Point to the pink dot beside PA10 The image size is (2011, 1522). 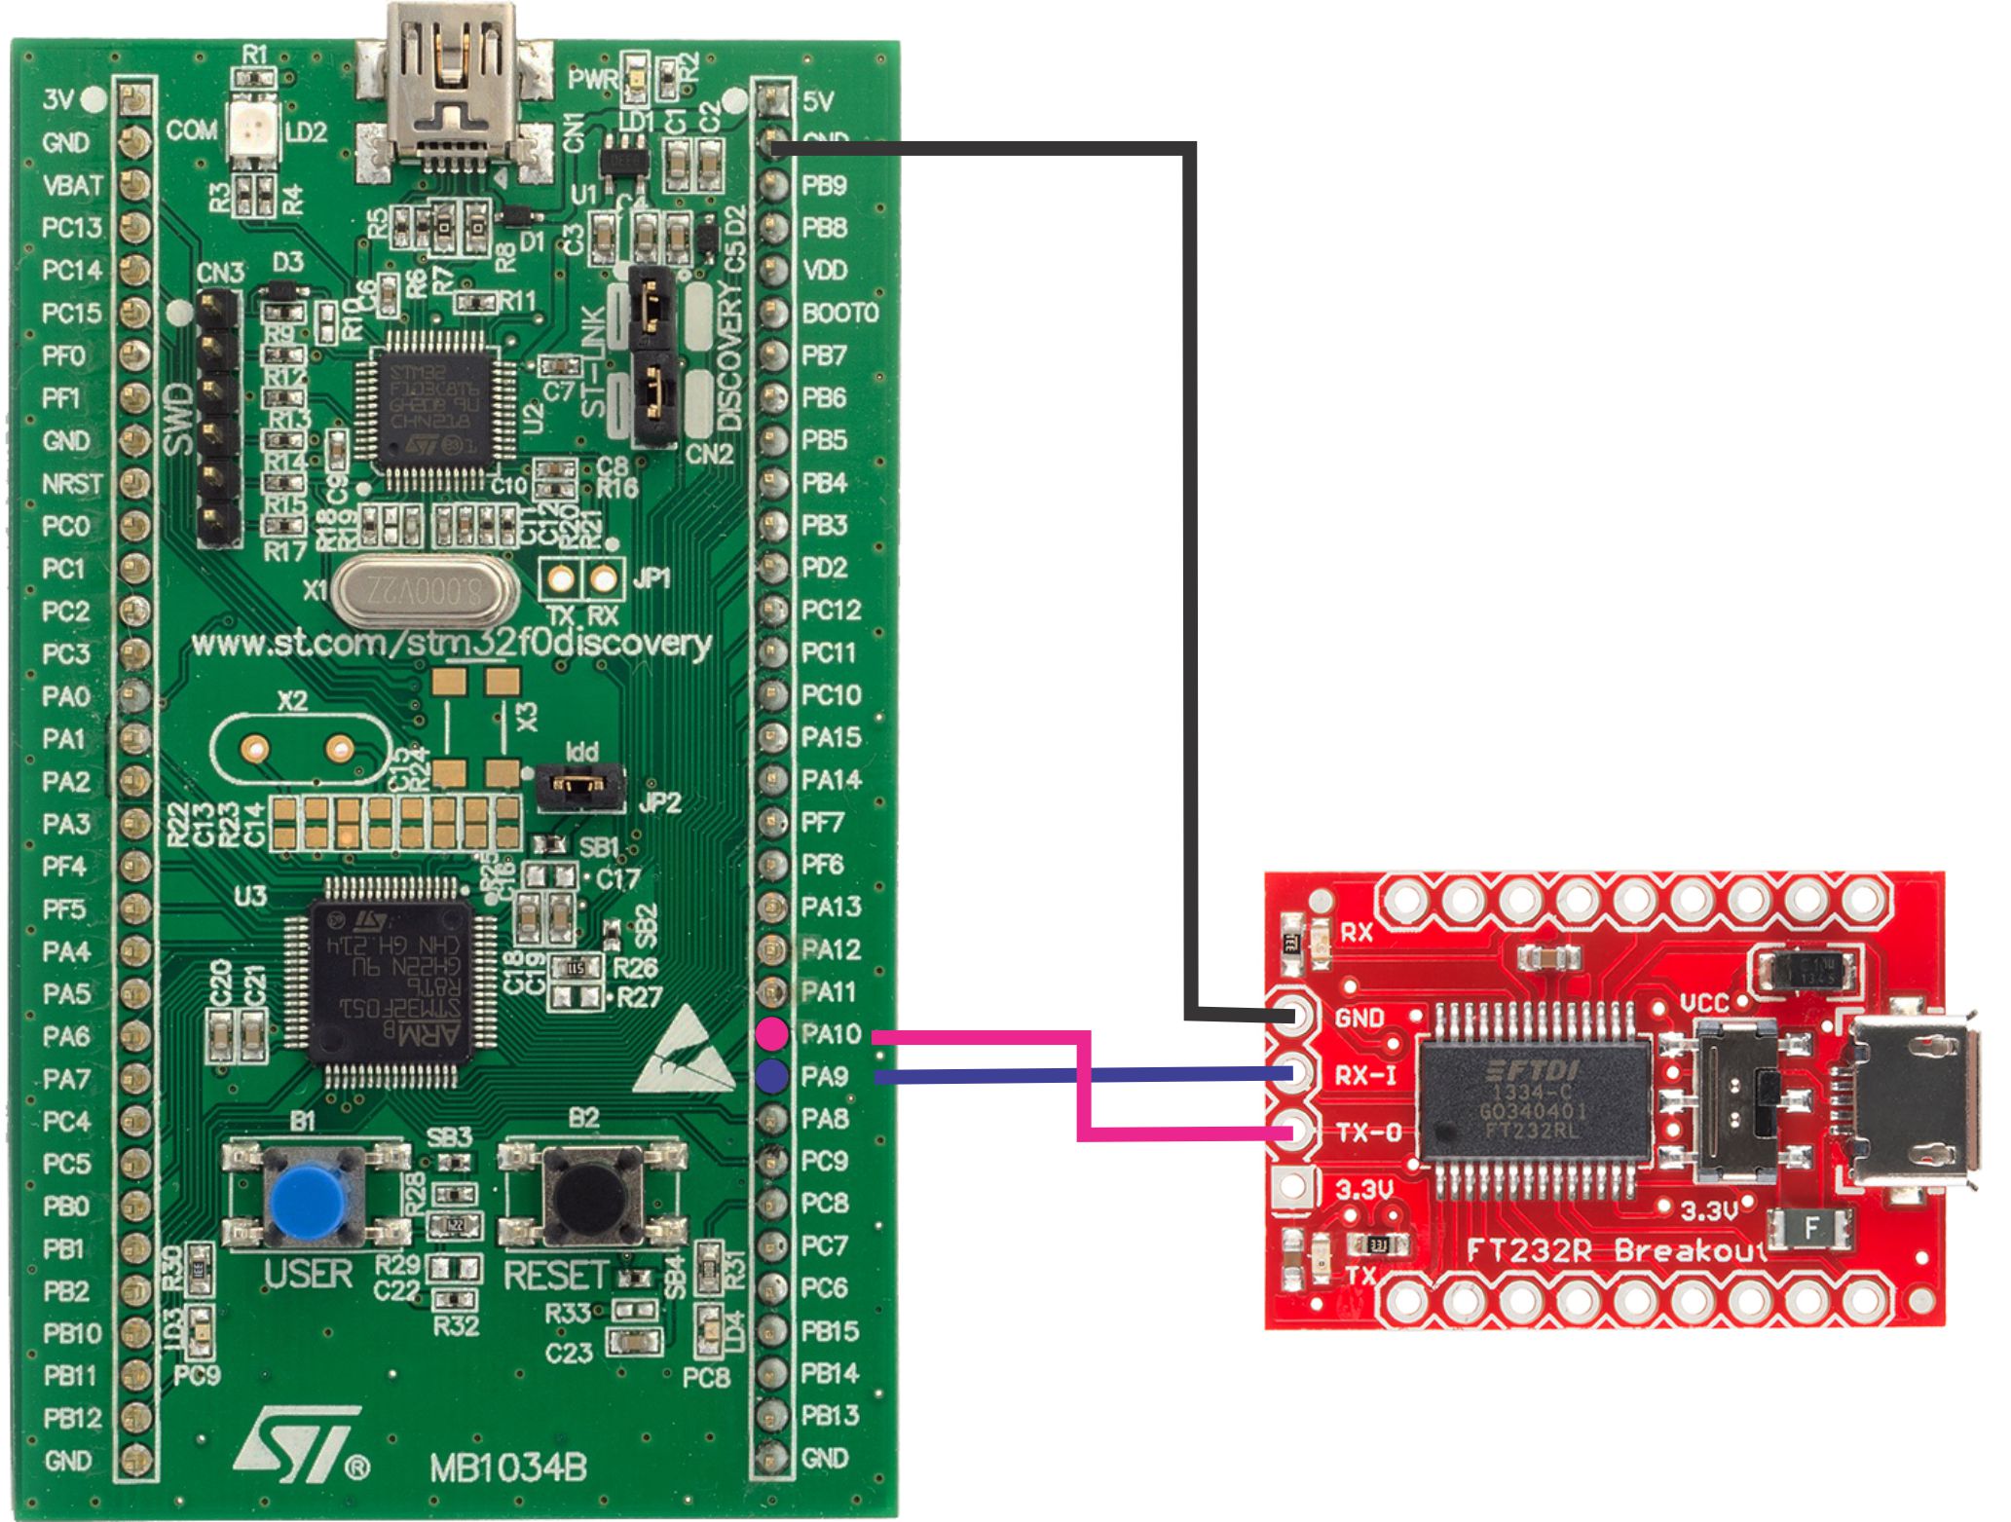point(772,1032)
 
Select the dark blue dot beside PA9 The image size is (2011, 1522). point(772,1075)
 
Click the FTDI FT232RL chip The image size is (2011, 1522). point(1534,1098)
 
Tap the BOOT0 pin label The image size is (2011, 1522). point(839,313)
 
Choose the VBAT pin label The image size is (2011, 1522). point(73,185)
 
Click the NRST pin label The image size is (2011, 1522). point(72,484)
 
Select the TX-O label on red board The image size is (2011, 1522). point(1367,1132)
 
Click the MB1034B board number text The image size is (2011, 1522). point(508,1467)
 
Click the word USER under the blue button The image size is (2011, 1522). point(308,1274)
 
